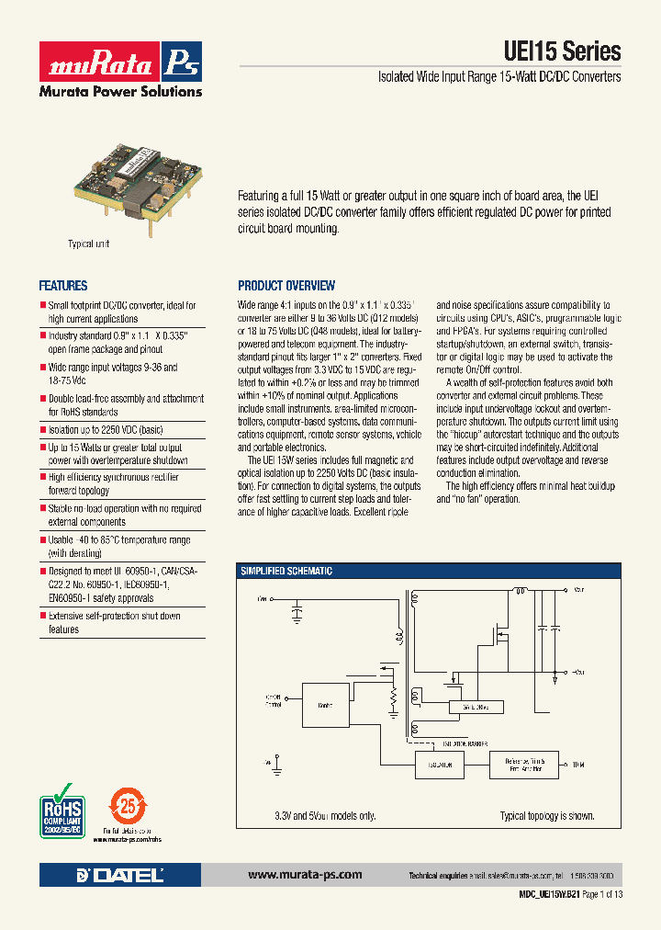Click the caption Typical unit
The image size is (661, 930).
click(89, 244)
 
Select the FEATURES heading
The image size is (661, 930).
click(63, 286)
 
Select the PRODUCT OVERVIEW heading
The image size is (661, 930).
click(286, 286)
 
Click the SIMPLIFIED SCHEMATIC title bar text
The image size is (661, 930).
click(286, 572)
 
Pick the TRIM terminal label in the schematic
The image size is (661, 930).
click(577, 765)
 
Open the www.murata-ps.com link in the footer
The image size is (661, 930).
click(305, 875)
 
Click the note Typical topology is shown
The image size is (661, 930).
click(546, 816)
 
